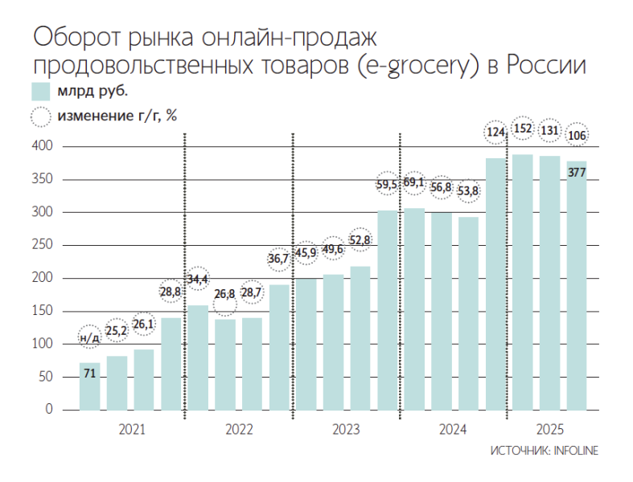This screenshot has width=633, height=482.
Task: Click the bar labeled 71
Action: click(90, 386)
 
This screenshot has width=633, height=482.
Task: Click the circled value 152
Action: click(523, 129)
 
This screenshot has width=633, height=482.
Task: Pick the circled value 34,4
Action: click(198, 279)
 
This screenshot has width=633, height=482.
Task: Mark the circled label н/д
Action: click(90, 337)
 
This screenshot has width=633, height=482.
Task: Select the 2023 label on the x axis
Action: click(346, 430)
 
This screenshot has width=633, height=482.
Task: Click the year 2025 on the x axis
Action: click(550, 430)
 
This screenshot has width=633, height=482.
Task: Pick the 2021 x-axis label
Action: click(132, 430)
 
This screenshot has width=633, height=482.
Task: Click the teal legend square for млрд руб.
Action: click(40, 90)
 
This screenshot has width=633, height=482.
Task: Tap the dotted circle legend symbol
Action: click(40, 116)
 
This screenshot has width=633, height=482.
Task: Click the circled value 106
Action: click(577, 135)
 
